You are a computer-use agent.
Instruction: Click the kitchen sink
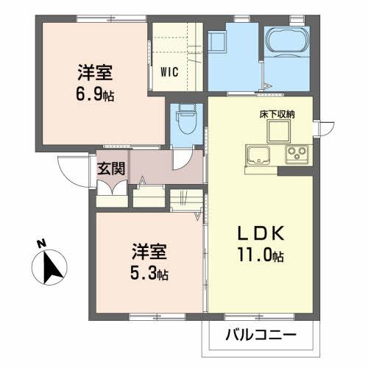point(260,155)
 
